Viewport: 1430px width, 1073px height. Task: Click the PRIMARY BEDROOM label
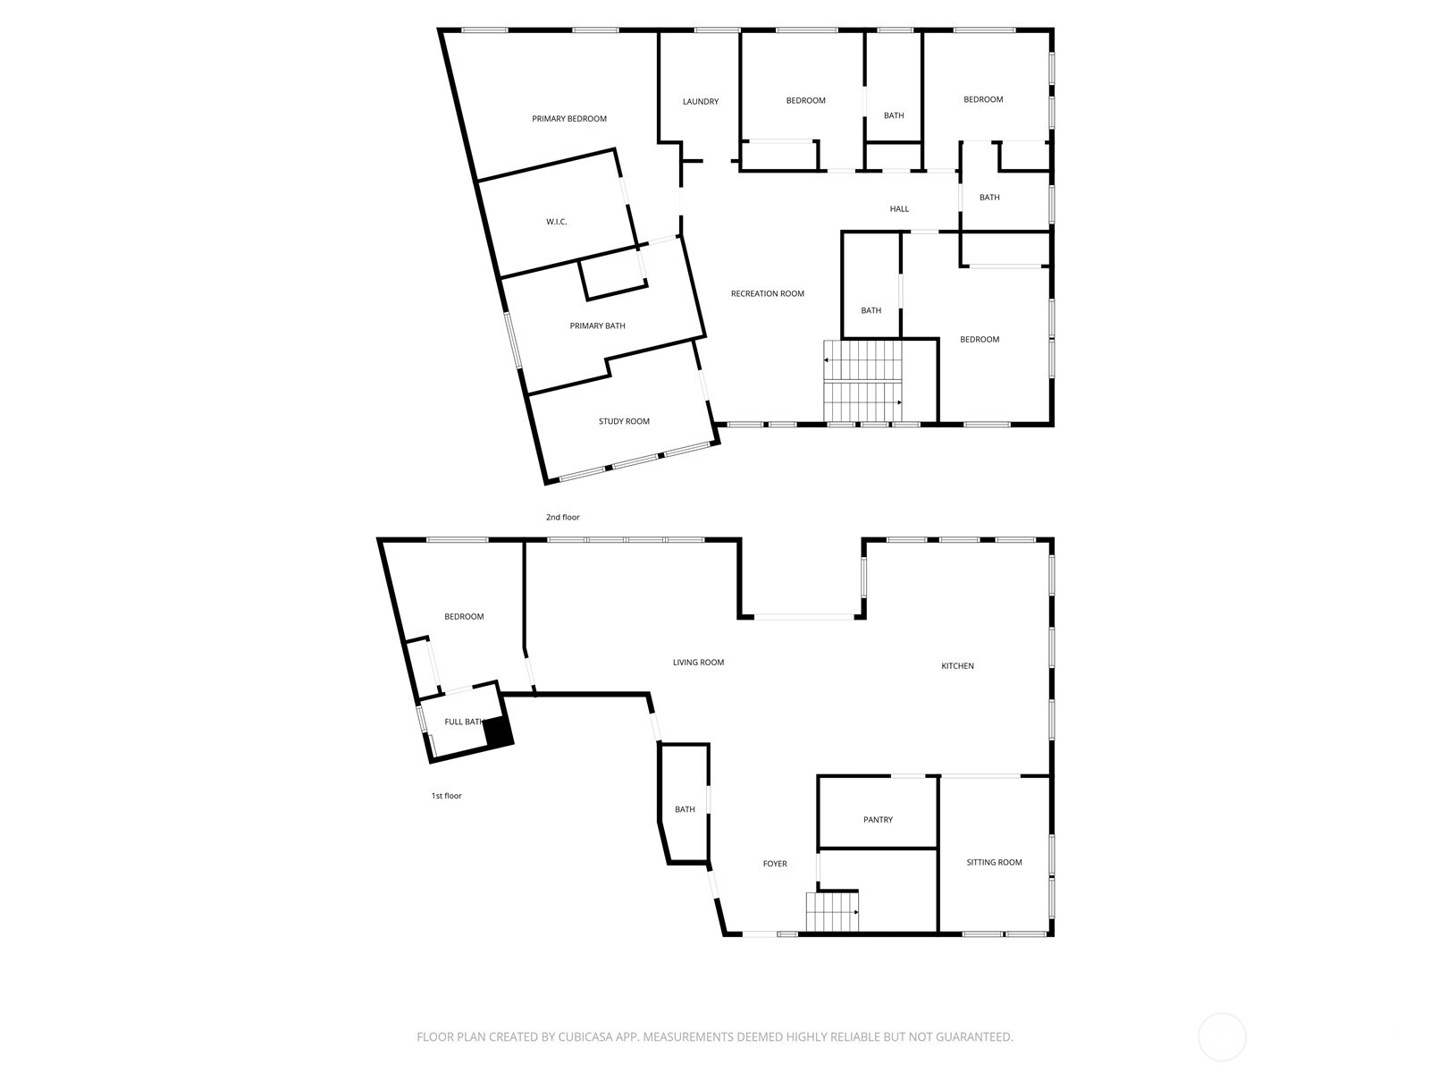[x=568, y=119]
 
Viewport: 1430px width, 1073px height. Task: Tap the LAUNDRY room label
[x=701, y=102]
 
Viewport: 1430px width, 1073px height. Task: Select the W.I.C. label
[x=557, y=222]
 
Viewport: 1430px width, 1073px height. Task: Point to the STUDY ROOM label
[x=624, y=421]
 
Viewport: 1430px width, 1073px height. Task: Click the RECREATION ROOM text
[x=768, y=294]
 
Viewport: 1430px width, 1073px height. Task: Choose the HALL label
[x=899, y=209]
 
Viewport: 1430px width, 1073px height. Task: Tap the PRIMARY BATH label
[x=597, y=325]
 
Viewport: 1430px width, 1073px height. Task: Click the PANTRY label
[x=878, y=820]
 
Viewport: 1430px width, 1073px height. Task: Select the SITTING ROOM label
[x=994, y=862]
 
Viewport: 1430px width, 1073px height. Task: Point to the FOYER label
[x=775, y=863]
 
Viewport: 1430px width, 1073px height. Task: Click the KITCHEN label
[x=957, y=666]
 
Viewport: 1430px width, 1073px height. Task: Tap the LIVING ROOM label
[x=698, y=662]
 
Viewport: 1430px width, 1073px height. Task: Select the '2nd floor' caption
[x=562, y=518]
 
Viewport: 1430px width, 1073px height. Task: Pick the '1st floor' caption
[x=446, y=796]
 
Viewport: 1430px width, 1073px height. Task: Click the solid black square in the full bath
[x=499, y=731]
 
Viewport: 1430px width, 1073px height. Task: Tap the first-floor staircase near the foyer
[x=832, y=912]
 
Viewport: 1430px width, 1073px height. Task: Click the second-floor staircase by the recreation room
[x=862, y=381]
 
